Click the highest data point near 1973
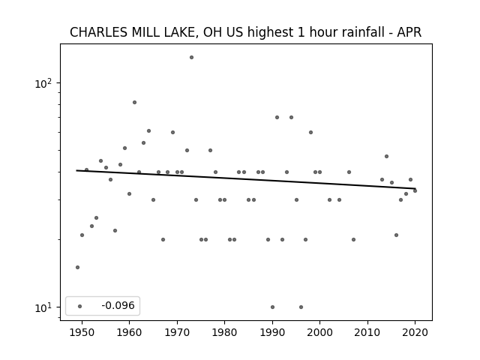point(191,57)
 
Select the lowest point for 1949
point(77,267)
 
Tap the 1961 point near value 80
point(134,102)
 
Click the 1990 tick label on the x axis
point(272,332)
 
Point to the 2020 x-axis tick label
point(415,332)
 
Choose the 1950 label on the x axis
point(82,332)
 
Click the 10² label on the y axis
point(43,83)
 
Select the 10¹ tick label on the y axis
point(43,307)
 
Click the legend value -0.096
point(118,305)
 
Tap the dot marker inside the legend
point(79,306)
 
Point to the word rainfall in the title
point(364,32)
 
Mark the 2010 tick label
point(367,332)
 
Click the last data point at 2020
point(415,190)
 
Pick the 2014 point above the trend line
point(387,157)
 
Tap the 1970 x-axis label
point(177,332)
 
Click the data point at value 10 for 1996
point(301,307)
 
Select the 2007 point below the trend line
point(353,239)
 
